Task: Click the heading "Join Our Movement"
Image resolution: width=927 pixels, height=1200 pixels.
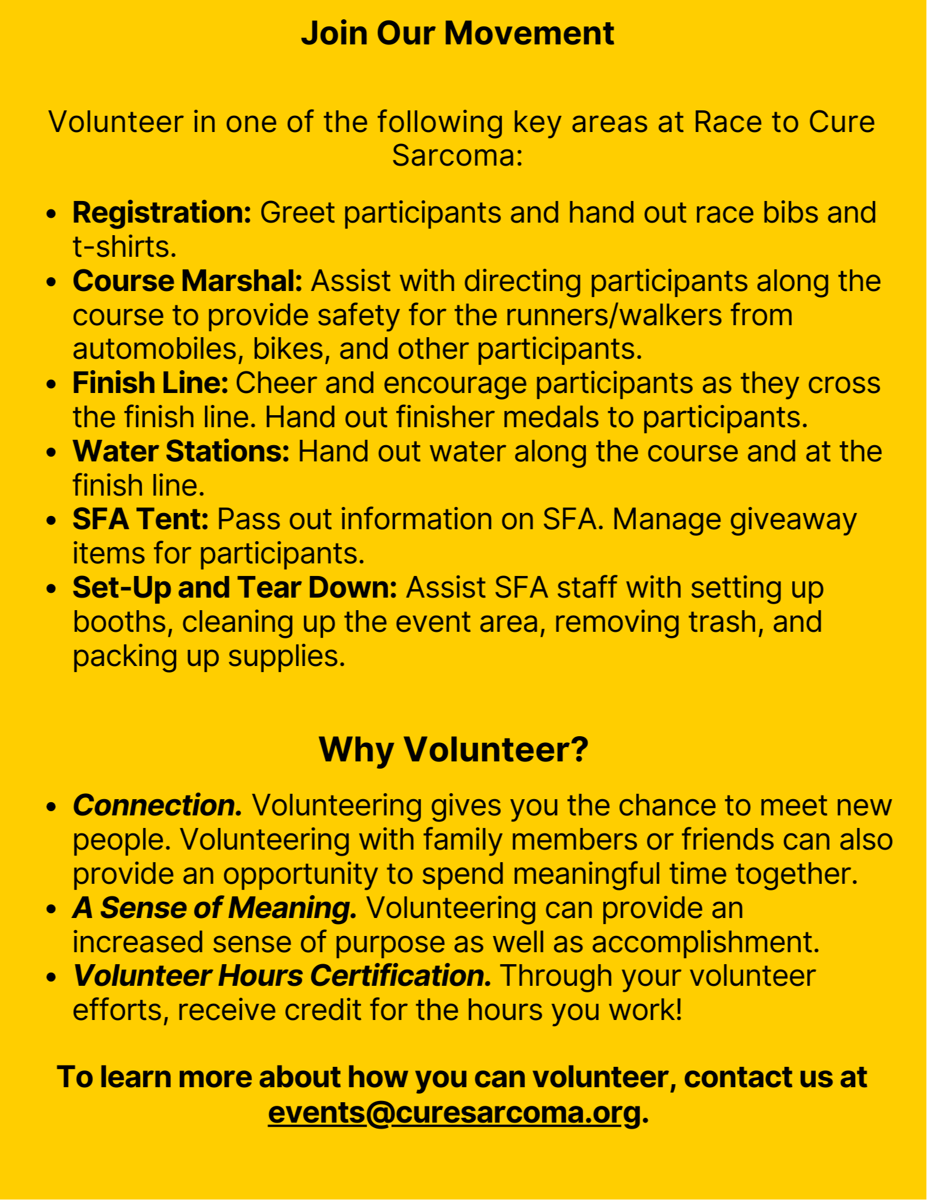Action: coord(457,33)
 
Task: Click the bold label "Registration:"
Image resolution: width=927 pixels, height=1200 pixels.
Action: coord(162,213)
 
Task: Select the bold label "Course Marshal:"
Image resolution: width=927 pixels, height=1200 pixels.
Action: coord(187,281)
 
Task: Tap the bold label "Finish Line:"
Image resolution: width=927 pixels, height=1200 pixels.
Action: coord(150,383)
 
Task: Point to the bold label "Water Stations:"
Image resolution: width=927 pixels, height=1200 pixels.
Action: coord(181,452)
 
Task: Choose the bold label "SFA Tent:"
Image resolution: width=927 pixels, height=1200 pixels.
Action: coord(140,520)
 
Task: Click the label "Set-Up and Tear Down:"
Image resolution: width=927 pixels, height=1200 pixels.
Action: coord(235,588)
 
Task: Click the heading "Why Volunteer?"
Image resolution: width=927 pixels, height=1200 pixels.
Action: coord(454,749)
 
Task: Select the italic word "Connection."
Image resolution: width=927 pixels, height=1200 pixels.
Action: coord(157,806)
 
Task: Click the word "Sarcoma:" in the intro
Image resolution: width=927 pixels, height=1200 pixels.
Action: coord(457,156)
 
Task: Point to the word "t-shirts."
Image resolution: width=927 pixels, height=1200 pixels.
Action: coord(125,247)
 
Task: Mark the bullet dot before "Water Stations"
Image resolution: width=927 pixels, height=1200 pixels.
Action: coord(52,452)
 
